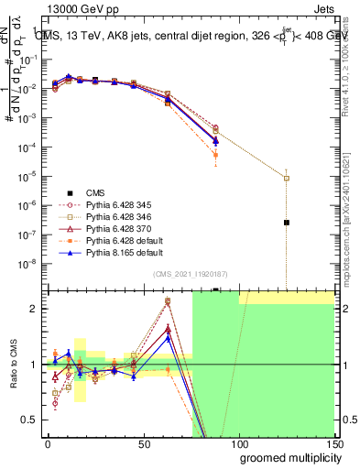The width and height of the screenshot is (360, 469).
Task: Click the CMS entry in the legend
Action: [x=95, y=192]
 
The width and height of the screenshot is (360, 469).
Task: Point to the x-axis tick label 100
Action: [x=238, y=443]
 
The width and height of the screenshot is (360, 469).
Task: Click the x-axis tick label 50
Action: [x=144, y=443]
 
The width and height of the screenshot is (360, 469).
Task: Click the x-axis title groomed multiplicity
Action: [x=285, y=457]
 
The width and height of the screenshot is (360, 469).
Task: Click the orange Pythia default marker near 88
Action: [x=215, y=155]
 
